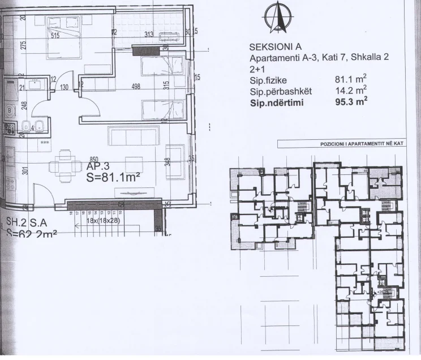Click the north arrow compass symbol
[x=274, y=18]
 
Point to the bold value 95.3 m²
[x=351, y=103]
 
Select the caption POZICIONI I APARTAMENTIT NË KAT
[x=361, y=144]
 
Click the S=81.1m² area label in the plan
[x=113, y=177]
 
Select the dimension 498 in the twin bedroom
[x=135, y=87]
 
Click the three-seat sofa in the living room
[x=131, y=135]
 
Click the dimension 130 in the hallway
[x=65, y=87]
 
